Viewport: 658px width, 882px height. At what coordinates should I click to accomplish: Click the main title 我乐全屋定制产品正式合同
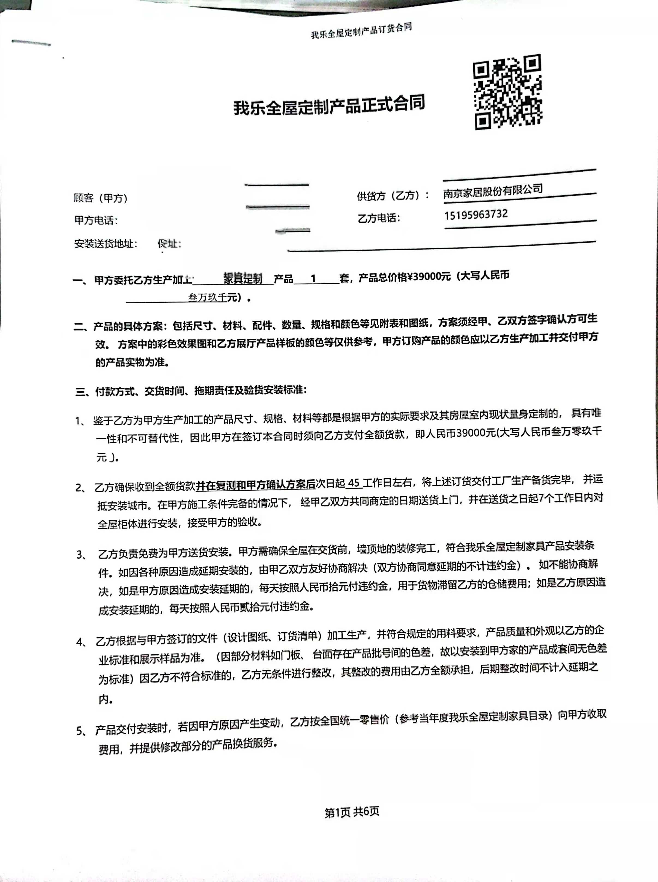[x=329, y=105]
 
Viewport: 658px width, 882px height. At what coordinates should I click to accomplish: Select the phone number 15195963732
[x=476, y=215]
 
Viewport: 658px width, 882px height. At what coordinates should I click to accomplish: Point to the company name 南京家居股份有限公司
[x=493, y=191]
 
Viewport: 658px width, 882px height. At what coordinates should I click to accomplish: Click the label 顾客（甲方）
[x=100, y=198]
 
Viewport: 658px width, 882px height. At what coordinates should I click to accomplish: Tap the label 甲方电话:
[x=96, y=220]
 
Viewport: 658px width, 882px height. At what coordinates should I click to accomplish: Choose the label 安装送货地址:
[x=106, y=243]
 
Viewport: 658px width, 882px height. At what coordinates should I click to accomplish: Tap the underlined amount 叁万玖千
[x=207, y=297]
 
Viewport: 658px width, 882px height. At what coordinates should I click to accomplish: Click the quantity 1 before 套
[x=313, y=278]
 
